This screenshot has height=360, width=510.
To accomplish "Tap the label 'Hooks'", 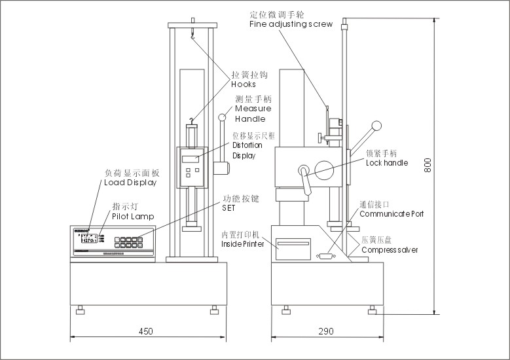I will [x=243, y=84].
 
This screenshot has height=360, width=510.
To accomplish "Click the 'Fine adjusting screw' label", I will [x=291, y=24].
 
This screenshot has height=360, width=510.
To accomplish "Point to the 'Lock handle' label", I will [x=387, y=162].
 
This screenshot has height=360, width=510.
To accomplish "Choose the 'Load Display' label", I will [x=131, y=183].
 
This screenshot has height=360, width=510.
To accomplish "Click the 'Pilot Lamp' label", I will [x=133, y=216].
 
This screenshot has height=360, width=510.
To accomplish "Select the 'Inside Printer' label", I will [x=242, y=244].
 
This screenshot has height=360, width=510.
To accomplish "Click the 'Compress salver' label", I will [x=390, y=249].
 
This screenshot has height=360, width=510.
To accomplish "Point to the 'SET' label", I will [x=228, y=207].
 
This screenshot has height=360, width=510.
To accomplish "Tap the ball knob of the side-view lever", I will [x=376, y=125].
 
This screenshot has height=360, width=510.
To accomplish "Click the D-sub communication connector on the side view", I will [x=325, y=257].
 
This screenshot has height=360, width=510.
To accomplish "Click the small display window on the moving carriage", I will [x=192, y=158].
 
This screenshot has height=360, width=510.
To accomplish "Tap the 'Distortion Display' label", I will [x=247, y=145].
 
